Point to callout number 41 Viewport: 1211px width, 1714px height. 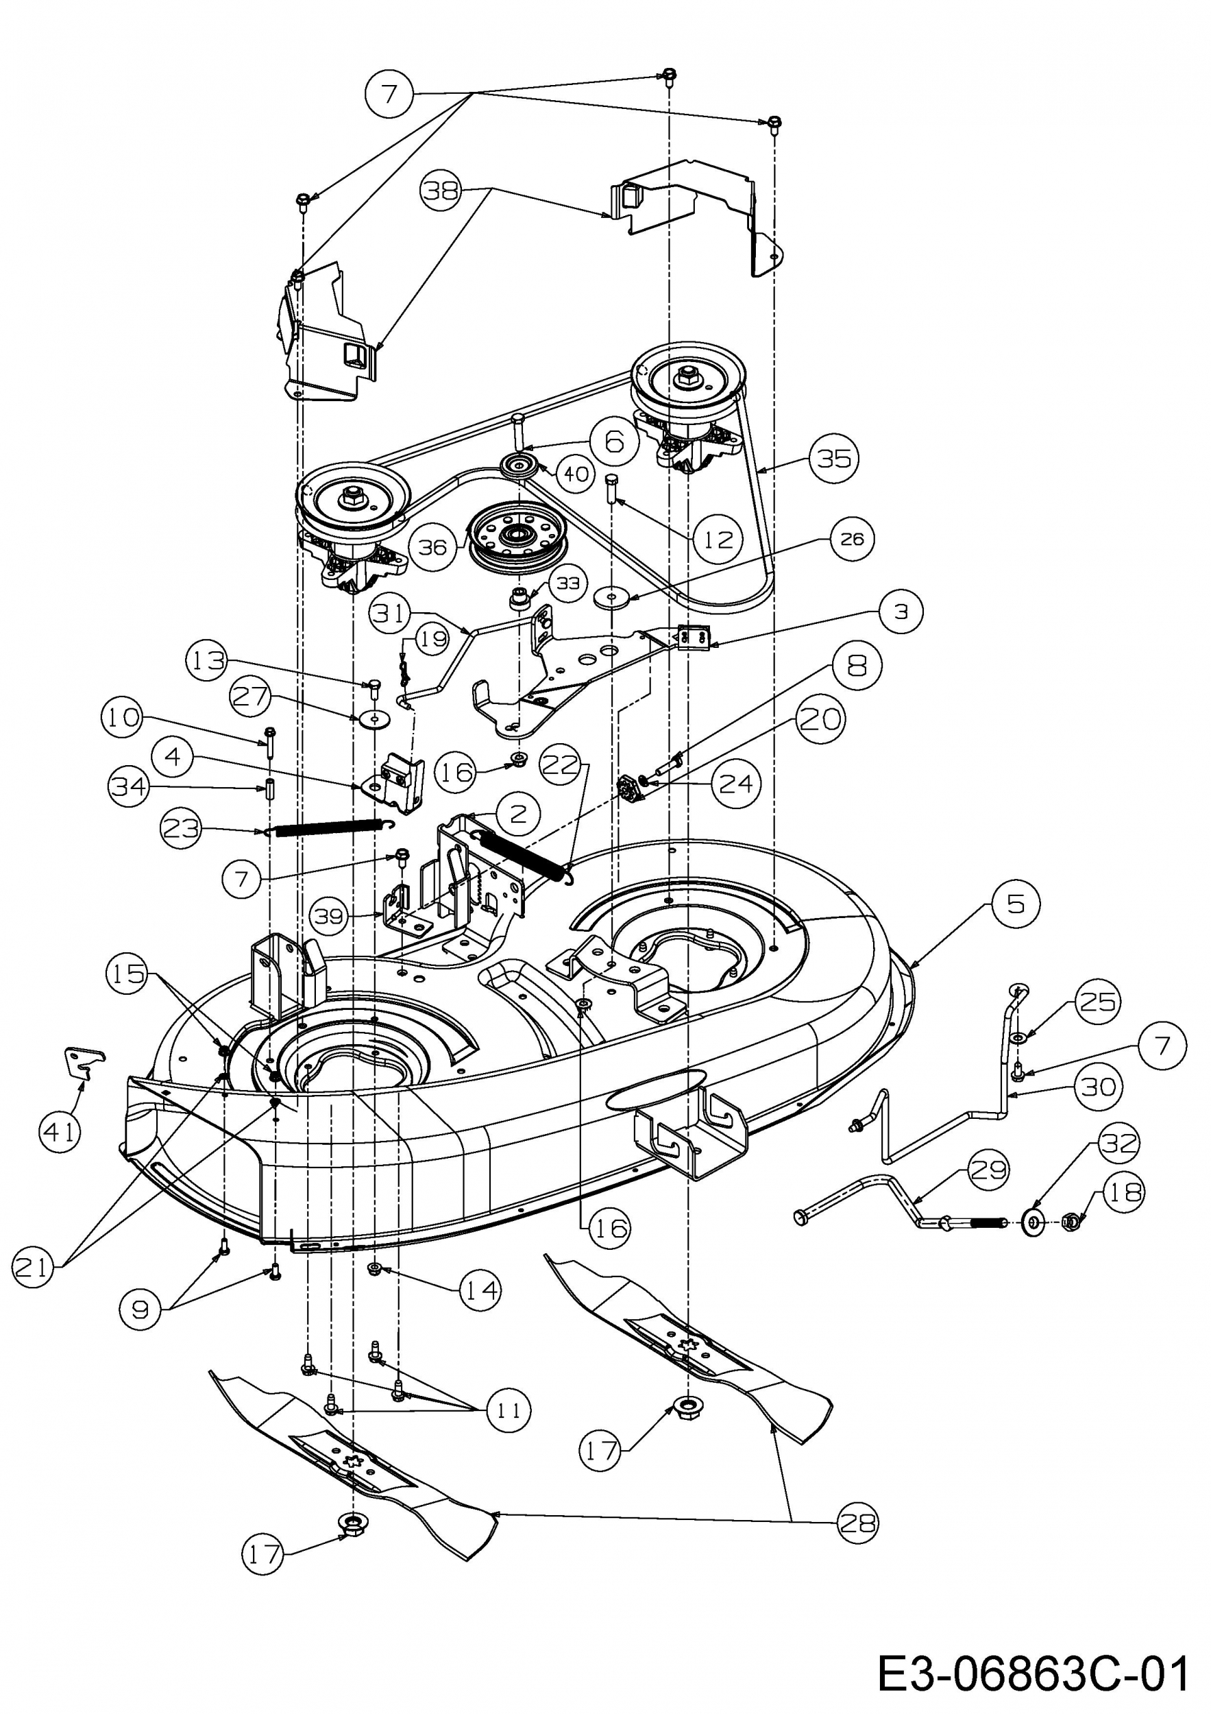tap(60, 1132)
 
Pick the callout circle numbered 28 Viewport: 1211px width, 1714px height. tap(857, 1522)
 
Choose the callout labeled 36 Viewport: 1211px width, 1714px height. tap(432, 548)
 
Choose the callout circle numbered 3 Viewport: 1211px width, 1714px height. tap(901, 612)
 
